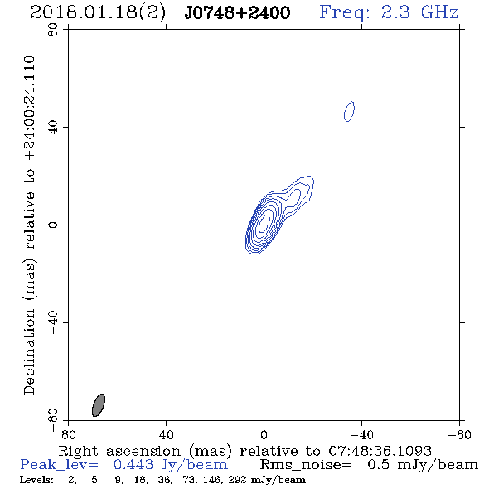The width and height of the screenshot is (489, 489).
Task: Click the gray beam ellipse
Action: (x=99, y=404)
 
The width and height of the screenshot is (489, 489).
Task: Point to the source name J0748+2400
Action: (x=237, y=13)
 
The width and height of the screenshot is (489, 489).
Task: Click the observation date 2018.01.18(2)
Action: (x=98, y=12)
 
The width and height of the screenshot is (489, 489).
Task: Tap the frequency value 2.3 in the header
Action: (x=395, y=12)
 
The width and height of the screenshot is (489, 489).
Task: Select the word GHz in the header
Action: (x=439, y=12)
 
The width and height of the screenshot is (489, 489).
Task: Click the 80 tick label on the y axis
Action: (x=53, y=30)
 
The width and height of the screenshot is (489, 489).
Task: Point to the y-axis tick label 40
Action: (x=53, y=128)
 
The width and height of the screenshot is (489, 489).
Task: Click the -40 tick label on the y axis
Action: (x=53, y=322)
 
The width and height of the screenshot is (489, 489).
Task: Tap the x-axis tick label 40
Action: (x=166, y=434)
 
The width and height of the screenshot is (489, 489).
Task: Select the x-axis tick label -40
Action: (x=361, y=434)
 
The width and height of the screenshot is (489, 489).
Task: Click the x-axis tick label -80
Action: (x=459, y=434)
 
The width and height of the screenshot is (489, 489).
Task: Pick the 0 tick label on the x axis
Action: (x=264, y=434)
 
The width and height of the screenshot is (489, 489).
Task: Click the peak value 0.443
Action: (x=133, y=465)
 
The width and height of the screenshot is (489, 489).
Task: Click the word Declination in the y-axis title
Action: (x=29, y=351)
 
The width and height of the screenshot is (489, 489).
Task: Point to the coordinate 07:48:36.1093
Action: (x=380, y=451)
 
